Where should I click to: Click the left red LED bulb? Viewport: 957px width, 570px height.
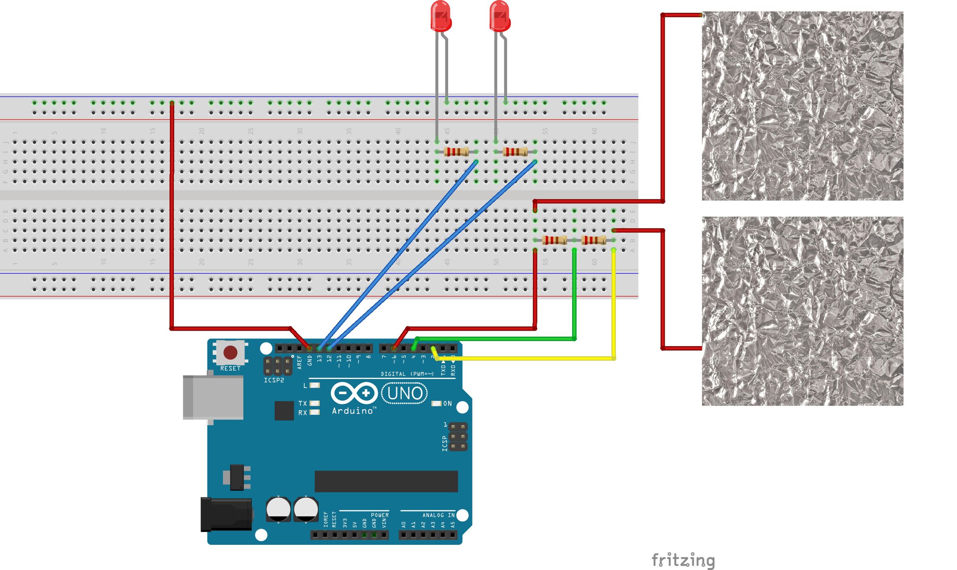tap(441, 16)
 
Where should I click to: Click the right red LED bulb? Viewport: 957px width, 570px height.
tap(500, 16)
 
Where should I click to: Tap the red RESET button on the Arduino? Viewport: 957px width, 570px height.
tap(230, 352)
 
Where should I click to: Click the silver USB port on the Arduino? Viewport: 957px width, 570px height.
tap(213, 397)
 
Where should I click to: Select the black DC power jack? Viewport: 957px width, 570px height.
tap(226, 514)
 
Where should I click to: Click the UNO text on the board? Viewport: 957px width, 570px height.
tap(404, 393)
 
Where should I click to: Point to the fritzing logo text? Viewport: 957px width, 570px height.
tap(683, 560)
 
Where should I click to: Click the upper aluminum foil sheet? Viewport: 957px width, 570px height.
tap(802, 106)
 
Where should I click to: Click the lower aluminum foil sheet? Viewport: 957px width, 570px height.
tap(802, 311)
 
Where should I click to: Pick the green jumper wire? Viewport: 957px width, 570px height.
tap(494, 339)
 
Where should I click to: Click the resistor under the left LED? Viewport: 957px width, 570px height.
tap(456, 152)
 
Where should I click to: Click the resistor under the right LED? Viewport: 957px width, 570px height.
tap(515, 152)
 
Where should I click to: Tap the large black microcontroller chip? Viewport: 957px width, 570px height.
tap(386, 481)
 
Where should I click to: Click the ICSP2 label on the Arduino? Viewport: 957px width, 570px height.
tap(274, 380)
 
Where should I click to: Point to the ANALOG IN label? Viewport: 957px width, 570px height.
tap(438, 515)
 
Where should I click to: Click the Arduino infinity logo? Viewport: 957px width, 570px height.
tap(354, 393)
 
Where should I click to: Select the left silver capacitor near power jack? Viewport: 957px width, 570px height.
tap(278, 509)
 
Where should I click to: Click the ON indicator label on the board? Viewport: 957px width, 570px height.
tap(447, 404)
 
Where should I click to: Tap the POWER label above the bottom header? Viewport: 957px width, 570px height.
tap(379, 515)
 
